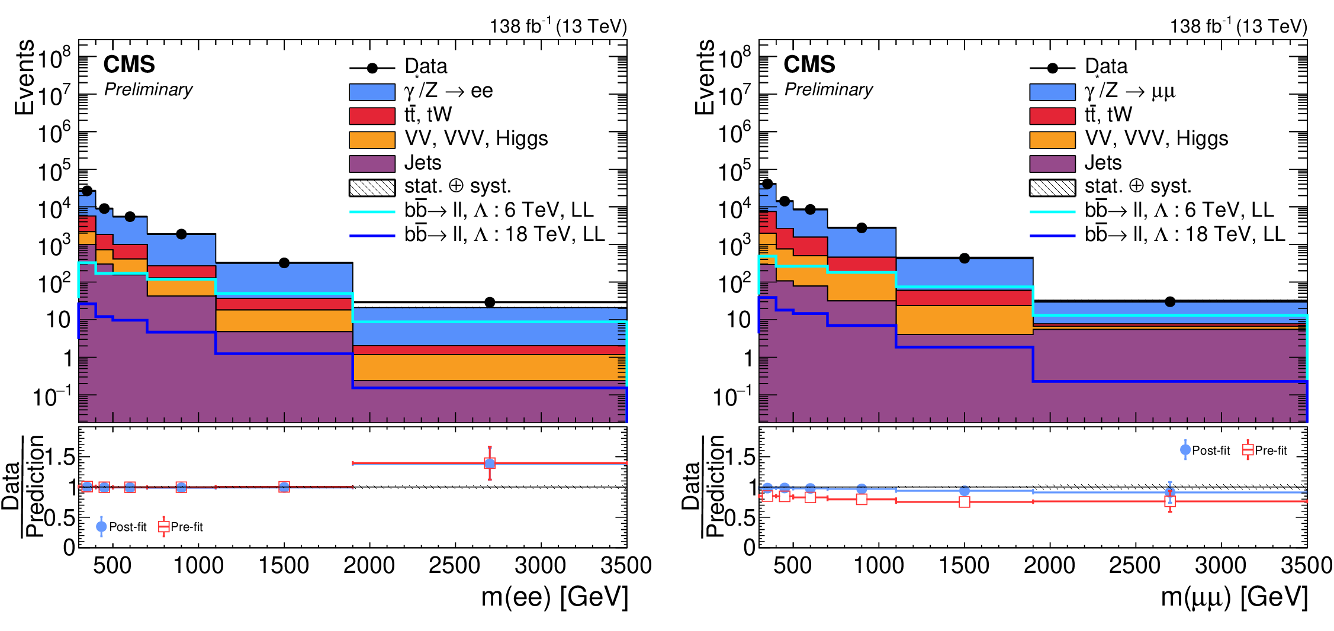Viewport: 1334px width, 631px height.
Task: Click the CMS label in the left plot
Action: (x=129, y=64)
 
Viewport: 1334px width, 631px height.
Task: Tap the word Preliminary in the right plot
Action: (x=828, y=89)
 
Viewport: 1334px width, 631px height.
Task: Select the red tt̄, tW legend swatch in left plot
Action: (x=372, y=115)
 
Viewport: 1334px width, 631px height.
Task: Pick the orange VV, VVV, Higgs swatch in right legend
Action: (x=1052, y=140)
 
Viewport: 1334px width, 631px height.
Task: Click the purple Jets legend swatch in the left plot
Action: (x=372, y=163)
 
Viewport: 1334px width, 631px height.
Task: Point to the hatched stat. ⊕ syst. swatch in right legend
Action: (x=1052, y=188)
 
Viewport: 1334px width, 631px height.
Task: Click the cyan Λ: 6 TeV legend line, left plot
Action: (x=372, y=211)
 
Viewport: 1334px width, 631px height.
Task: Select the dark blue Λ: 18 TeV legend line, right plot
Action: (x=1052, y=236)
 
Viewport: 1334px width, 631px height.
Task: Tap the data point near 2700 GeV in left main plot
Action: (x=490, y=302)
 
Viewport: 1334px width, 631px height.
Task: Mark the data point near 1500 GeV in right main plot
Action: (x=965, y=258)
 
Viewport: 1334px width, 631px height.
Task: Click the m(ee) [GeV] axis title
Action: (x=554, y=597)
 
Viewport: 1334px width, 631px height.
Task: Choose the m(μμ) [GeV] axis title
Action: (x=1234, y=597)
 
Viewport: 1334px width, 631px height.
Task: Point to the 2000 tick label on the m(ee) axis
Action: (x=369, y=565)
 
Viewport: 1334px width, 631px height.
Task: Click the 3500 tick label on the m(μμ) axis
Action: (x=1306, y=565)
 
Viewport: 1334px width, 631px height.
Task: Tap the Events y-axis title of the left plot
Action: (x=25, y=77)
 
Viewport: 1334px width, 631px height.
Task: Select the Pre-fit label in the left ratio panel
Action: (x=187, y=527)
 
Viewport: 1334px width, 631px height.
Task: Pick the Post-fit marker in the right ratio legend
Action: (x=1185, y=450)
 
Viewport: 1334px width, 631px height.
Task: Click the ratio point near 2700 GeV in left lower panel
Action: (x=490, y=463)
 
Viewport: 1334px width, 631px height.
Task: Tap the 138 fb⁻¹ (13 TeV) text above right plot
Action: (x=1238, y=26)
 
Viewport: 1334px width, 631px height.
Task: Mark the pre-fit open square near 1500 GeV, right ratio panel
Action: (x=965, y=502)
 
